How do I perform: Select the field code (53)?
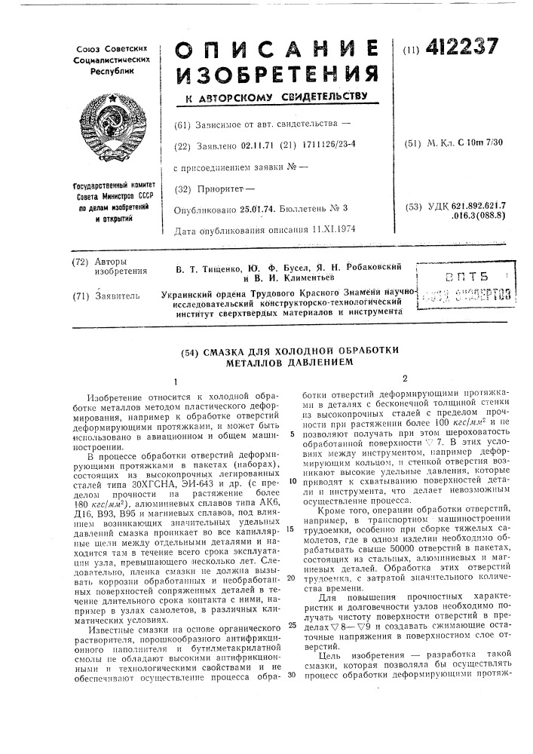413,205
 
